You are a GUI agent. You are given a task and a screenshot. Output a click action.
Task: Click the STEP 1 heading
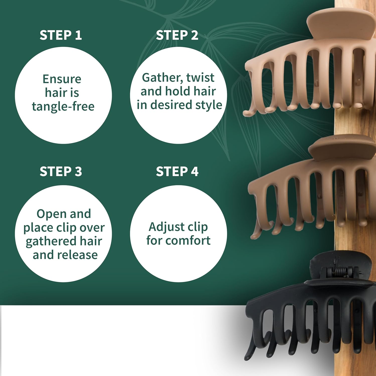click(61, 35)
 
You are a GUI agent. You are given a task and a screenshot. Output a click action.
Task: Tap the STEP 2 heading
click(177, 35)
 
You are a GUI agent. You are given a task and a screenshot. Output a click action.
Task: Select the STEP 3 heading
click(61, 172)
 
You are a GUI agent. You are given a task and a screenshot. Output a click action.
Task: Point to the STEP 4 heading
click(177, 172)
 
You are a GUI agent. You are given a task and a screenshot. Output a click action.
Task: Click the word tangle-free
click(63, 107)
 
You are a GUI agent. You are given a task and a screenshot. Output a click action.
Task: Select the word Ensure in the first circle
click(62, 79)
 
